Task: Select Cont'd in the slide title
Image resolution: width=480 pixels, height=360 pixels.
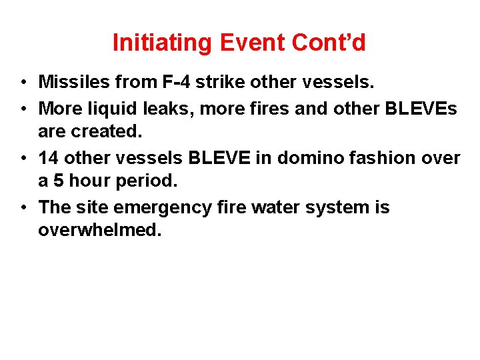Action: pyautogui.click(x=329, y=43)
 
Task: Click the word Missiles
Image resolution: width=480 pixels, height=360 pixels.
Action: pyautogui.click(x=73, y=82)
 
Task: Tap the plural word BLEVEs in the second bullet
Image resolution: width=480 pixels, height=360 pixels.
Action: pyautogui.click(x=421, y=107)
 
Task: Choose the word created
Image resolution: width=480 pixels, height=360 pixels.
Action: pyautogui.click(x=106, y=132)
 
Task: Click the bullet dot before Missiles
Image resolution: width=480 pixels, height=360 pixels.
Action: pyautogui.click(x=23, y=83)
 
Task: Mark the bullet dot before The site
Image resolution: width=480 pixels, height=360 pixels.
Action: pyautogui.click(x=23, y=208)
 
